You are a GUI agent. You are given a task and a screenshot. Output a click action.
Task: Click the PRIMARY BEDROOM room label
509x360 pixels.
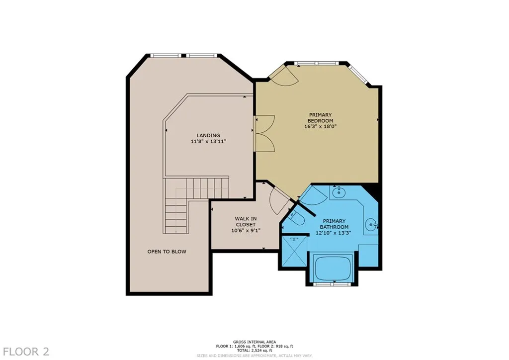click(x=320, y=118)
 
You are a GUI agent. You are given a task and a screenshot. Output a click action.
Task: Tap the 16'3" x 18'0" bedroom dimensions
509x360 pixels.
click(x=320, y=126)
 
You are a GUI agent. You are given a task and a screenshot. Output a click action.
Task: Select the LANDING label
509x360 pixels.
click(x=208, y=135)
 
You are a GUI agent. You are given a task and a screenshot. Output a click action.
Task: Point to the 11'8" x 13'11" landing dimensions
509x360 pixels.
click(x=208, y=142)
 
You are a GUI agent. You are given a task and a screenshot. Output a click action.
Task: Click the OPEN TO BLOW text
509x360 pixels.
click(x=167, y=252)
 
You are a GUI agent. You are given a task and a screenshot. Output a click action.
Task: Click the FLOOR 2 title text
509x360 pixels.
click(x=25, y=352)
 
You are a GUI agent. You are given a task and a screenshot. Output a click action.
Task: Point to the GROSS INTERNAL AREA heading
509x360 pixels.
click(x=254, y=342)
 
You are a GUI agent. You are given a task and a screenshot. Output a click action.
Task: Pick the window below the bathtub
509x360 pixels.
click(x=331, y=284)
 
